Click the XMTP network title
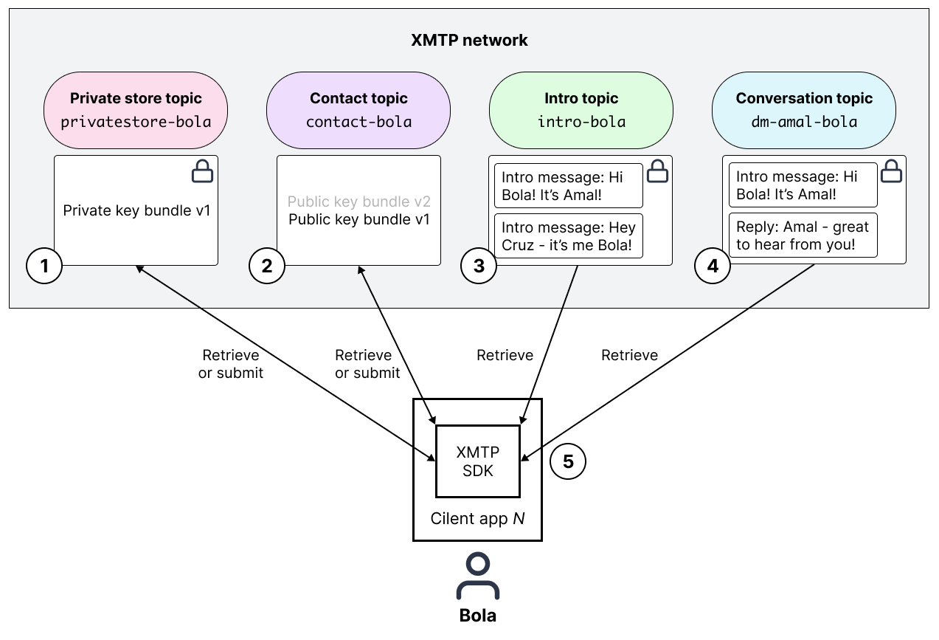click(x=469, y=40)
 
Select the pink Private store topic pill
click(x=136, y=110)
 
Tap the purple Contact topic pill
click(x=358, y=110)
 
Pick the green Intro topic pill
click(x=581, y=110)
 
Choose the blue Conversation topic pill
click(x=803, y=110)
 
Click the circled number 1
click(x=44, y=266)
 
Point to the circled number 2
click(x=267, y=266)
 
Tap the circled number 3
click(x=479, y=266)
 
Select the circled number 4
click(x=713, y=266)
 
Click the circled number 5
click(x=568, y=461)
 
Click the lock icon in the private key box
click(x=202, y=172)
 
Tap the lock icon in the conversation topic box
click(x=892, y=172)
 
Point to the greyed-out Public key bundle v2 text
click(x=358, y=202)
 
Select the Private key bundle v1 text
click(x=136, y=210)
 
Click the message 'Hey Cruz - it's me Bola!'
click(x=568, y=236)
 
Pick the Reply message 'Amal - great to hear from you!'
click(x=803, y=236)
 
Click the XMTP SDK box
click(x=478, y=461)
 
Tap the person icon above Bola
click(x=478, y=577)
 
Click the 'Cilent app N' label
click(x=477, y=518)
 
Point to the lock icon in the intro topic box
click(x=657, y=172)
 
